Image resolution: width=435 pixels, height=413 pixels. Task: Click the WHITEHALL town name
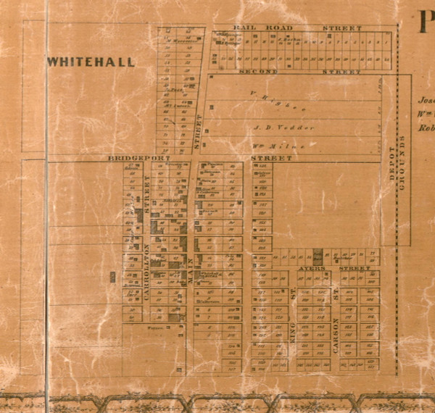[91, 62]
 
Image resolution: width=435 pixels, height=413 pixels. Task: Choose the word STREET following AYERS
[355, 268]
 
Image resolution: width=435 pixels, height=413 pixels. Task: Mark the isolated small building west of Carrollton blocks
[112, 275]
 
